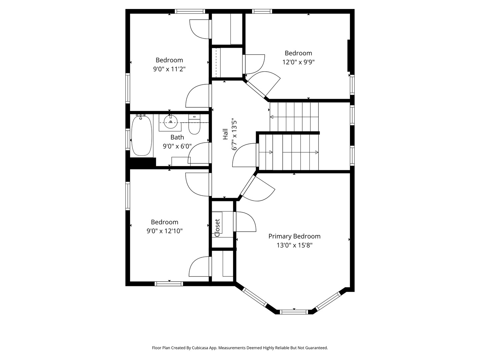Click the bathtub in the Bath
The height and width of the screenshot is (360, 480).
click(142, 136)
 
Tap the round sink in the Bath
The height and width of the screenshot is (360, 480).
click(171, 122)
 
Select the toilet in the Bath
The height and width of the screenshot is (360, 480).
click(194, 124)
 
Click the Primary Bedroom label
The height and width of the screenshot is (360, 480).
click(294, 236)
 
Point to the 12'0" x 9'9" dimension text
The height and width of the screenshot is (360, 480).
click(298, 62)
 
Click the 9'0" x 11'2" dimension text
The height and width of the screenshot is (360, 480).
click(169, 69)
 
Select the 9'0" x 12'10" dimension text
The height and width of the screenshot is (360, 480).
click(164, 231)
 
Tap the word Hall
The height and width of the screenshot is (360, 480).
click(225, 134)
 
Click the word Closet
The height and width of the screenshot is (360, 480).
click(217, 228)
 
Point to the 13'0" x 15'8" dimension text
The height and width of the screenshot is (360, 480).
click(294, 245)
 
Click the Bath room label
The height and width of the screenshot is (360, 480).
click(177, 137)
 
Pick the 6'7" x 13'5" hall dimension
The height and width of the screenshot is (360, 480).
click(234, 135)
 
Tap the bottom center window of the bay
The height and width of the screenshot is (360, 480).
click(294, 312)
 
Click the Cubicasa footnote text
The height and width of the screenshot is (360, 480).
click(240, 348)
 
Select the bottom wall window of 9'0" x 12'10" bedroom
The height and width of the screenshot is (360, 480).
click(169, 284)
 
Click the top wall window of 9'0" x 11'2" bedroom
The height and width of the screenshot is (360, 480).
click(190, 11)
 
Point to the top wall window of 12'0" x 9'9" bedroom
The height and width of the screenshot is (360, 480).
click(262, 11)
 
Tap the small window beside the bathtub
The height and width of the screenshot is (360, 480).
click(127, 139)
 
